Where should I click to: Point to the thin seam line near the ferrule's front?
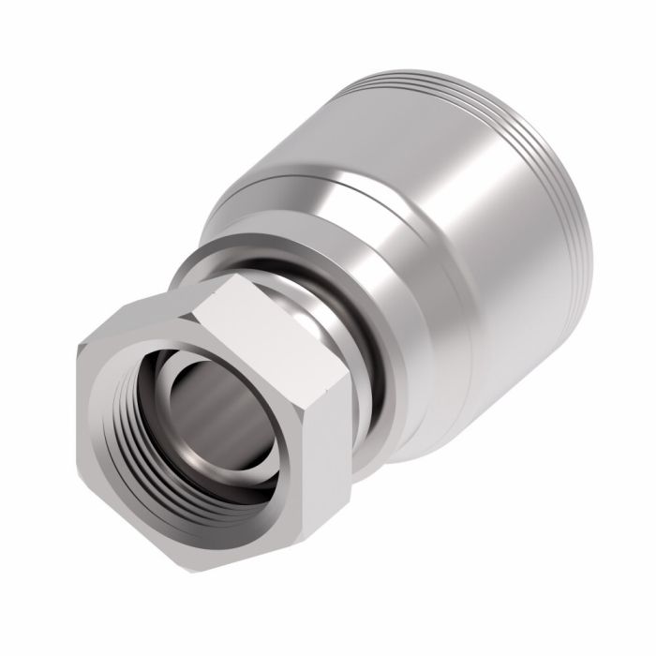(300, 178)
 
